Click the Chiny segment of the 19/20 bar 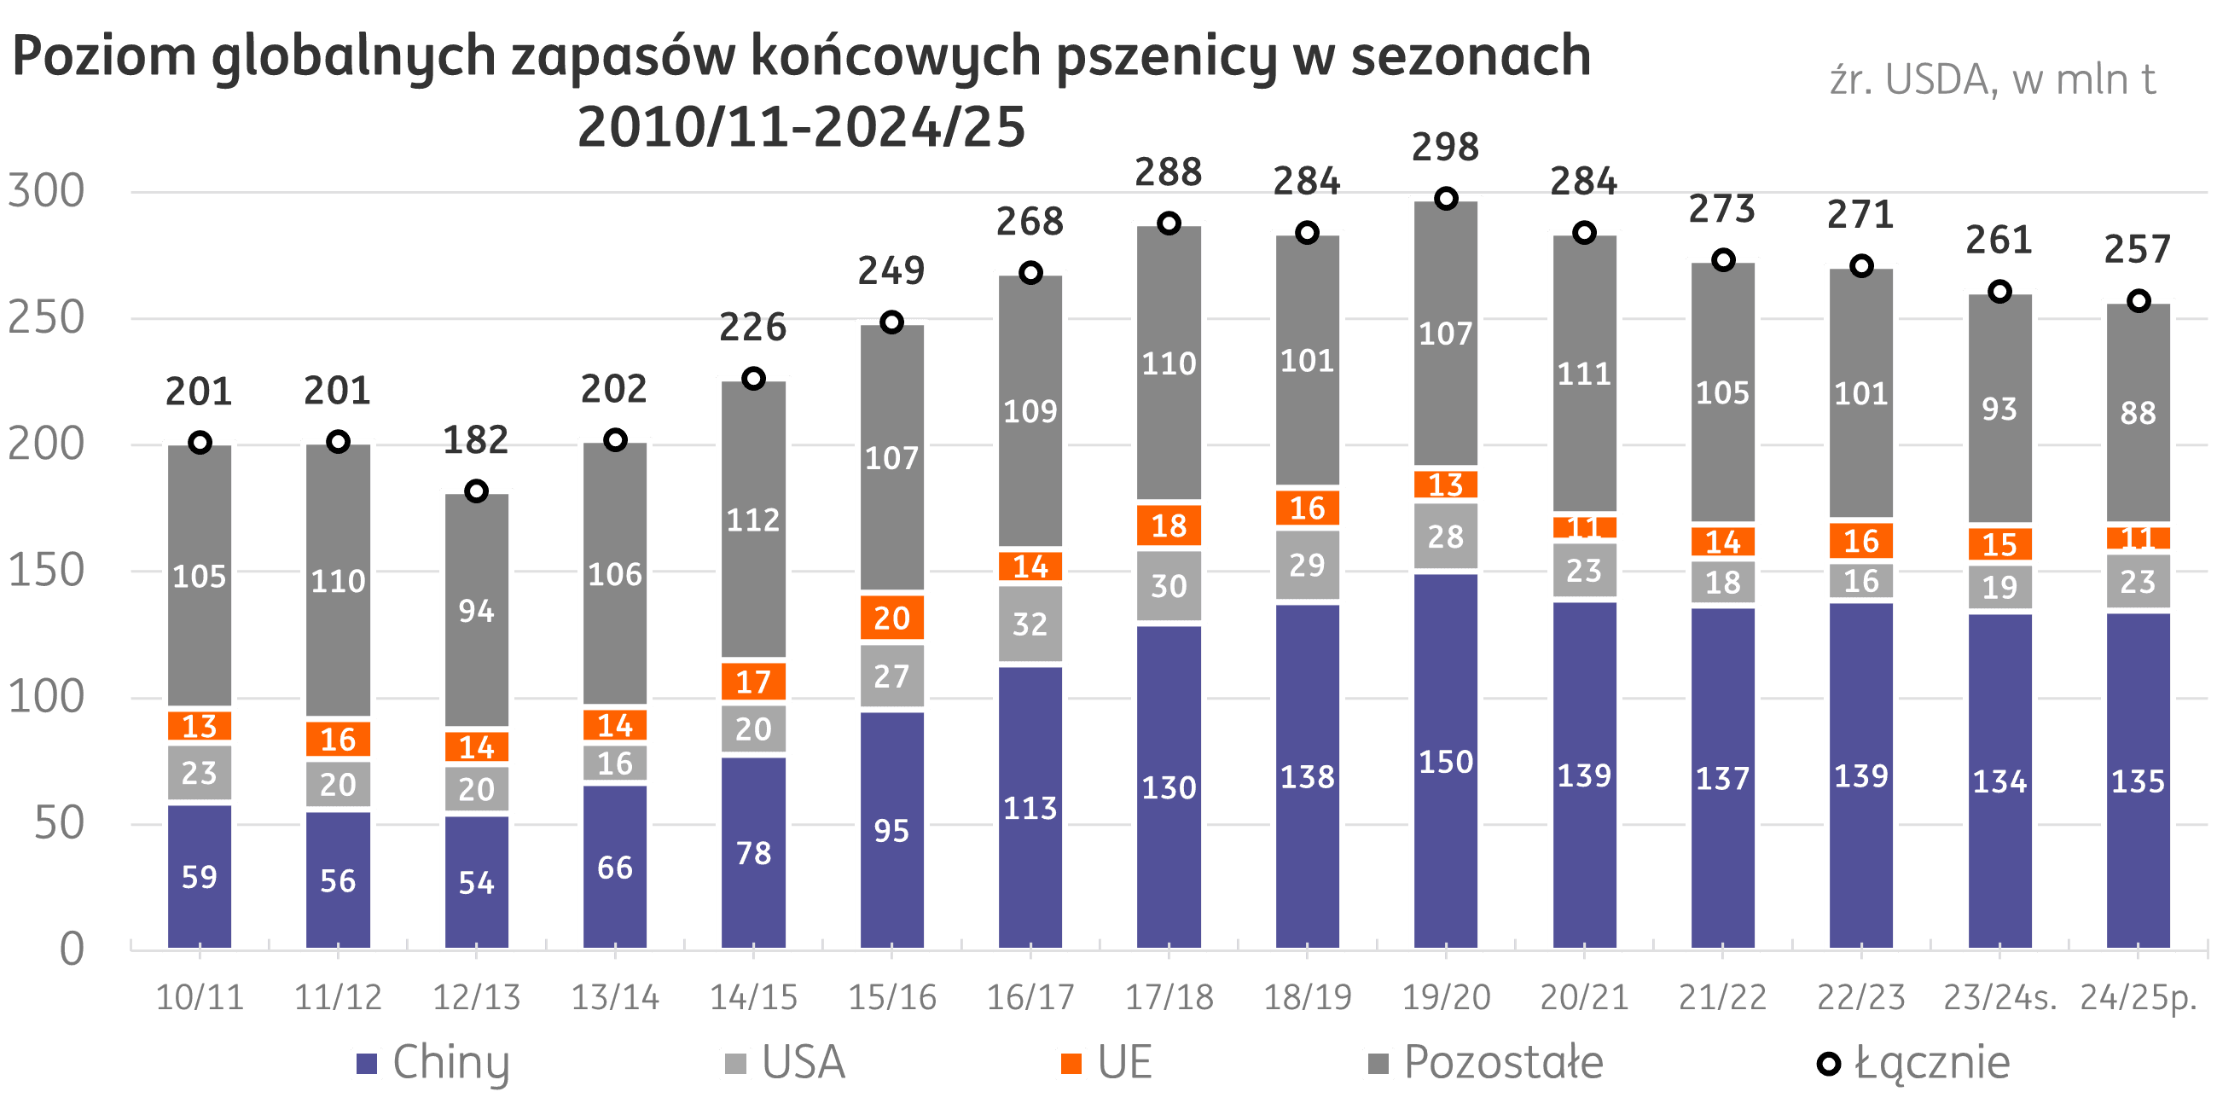pos(1446,761)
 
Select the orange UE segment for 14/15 pos(753,681)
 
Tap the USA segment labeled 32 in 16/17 pos(1030,624)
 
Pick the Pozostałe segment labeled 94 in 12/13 pos(476,611)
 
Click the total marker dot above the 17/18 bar pos(1169,224)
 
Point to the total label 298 pos(1445,148)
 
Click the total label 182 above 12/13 pos(476,440)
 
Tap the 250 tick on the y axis pos(46,317)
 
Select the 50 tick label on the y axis pos(59,824)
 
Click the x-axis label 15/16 pos(891,997)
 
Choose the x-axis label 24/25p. pos(2138,997)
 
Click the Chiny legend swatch pos(367,1064)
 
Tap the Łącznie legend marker pos(1828,1064)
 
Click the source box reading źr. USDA pos(1994,93)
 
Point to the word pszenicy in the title pos(1166,57)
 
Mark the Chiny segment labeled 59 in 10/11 pos(200,876)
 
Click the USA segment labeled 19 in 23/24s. pos(1999,587)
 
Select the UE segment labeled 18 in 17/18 pos(1169,525)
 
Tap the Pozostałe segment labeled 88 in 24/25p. pos(2138,412)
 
